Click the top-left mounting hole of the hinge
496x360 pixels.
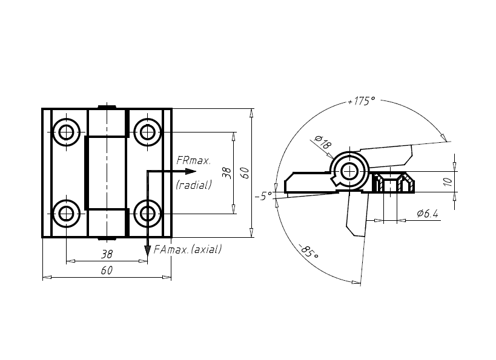point(66,131)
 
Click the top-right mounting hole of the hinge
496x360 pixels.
point(147,131)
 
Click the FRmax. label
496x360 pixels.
point(193,160)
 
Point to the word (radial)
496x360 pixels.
point(193,185)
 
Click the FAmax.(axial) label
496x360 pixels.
point(188,249)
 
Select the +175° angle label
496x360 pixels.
point(362,101)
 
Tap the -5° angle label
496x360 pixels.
point(262,197)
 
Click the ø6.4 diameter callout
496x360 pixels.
point(428,214)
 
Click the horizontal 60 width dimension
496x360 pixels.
point(107,270)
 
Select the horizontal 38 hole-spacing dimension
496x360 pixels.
point(107,254)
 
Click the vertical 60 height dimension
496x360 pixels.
point(245,172)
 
